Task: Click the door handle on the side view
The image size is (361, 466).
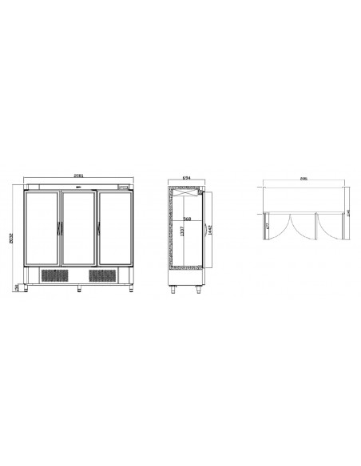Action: point(201,192)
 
